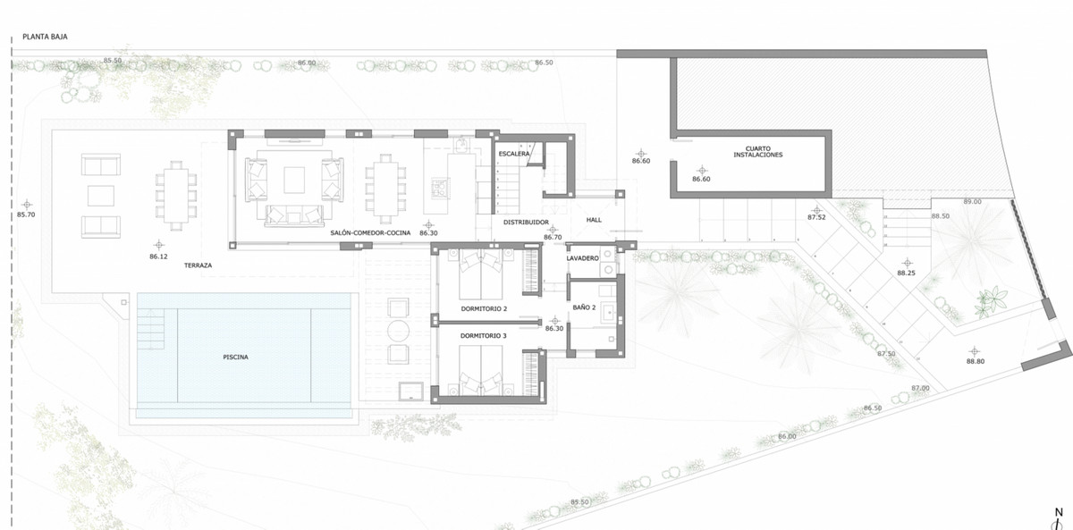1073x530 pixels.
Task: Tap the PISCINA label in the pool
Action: [236, 357]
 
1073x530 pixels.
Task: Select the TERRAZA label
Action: [199, 265]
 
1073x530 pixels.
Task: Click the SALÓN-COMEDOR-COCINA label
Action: [370, 232]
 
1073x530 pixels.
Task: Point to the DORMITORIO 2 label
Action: [484, 309]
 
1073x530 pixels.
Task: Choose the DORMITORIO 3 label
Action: [484, 336]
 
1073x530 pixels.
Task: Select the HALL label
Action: [596, 220]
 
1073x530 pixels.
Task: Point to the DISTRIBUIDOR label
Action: [525, 221]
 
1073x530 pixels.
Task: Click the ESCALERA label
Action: [514, 154]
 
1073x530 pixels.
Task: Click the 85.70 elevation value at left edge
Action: [27, 215]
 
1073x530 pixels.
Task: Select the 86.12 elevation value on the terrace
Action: [159, 257]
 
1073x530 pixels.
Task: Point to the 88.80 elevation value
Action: [975, 361]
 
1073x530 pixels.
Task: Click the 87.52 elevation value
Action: [816, 217]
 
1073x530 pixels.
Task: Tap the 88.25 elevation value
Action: [906, 273]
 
